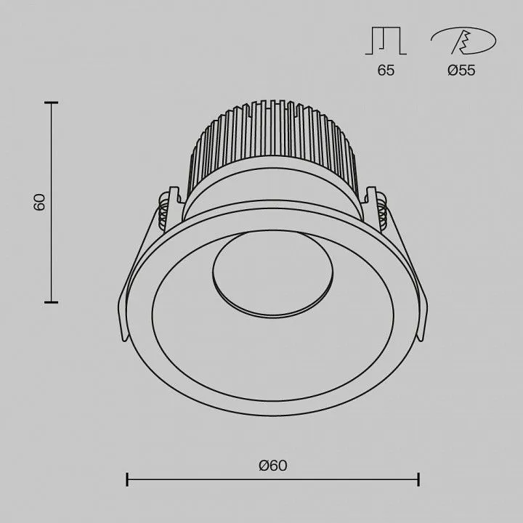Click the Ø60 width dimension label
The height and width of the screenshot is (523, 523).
click(273, 466)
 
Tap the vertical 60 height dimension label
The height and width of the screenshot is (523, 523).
click(39, 202)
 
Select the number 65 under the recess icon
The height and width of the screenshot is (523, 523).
click(386, 70)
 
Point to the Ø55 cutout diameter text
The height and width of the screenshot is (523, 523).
click(461, 70)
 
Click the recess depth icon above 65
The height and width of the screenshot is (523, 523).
click(386, 41)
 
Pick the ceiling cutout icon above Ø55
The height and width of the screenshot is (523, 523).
click(463, 41)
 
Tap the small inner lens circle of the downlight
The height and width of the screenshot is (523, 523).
click(272, 274)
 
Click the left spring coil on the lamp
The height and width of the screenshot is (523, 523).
click(163, 211)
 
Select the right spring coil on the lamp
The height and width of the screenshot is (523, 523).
click(382, 211)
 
